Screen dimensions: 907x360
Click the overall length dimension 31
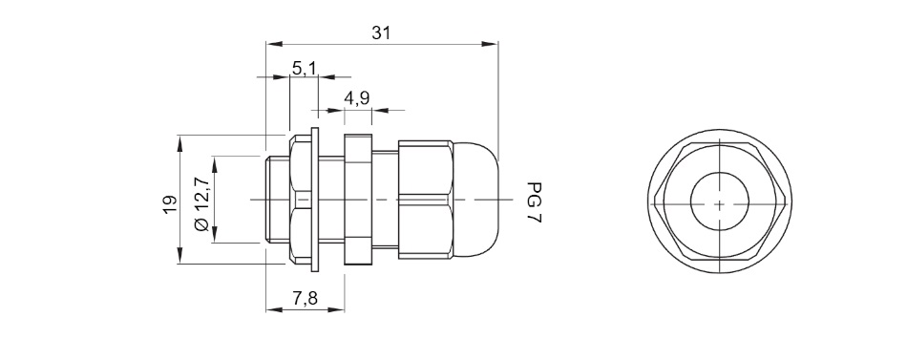(x=381, y=33)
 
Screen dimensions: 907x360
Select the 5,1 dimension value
(x=304, y=69)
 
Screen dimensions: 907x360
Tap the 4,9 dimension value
(x=357, y=98)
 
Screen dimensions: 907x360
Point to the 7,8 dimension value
(x=305, y=299)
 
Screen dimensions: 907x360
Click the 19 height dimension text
(x=170, y=205)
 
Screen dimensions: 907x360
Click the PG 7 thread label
(x=534, y=203)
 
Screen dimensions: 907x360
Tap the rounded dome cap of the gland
(x=475, y=200)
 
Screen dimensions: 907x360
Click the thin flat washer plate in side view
(x=315, y=200)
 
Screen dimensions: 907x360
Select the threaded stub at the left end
(x=277, y=200)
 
